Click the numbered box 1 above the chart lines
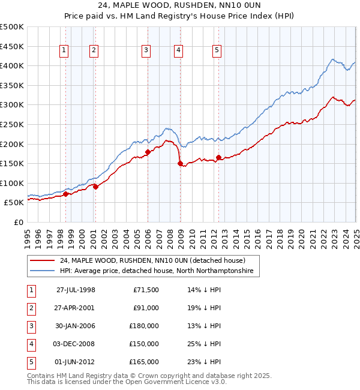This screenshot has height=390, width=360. point(64,51)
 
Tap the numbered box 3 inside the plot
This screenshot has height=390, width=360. point(146,51)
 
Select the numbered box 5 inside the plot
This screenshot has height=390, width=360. point(217,51)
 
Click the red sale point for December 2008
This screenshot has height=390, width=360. point(179,163)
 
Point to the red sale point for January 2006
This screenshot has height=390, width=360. point(148,151)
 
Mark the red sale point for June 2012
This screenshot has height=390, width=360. point(218,157)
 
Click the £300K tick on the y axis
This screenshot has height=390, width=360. point(13,105)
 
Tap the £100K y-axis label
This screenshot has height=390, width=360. point(13,183)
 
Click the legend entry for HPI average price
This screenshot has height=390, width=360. point(157,271)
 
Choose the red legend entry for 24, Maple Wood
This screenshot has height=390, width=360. point(152,260)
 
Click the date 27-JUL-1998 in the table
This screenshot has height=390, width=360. point(76,290)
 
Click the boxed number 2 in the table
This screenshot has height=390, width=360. point(31,308)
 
